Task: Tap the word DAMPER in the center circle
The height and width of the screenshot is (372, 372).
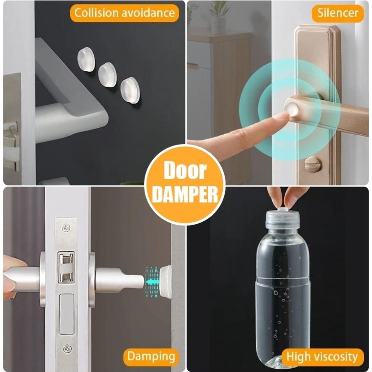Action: pyautogui.click(x=185, y=194)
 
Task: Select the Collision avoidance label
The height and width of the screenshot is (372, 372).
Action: pyautogui.click(x=124, y=13)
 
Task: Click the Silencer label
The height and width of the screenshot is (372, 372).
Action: pyautogui.click(x=337, y=13)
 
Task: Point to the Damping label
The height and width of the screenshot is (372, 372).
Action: pyautogui.click(x=151, y=356)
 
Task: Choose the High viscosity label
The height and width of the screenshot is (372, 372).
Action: pyautogui.click(x=322, y=357)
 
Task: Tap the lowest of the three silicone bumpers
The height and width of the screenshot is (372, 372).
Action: pyautogui.click(x=130, y=90)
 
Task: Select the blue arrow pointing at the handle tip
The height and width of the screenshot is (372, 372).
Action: pyautogui.click(x=151, y=282)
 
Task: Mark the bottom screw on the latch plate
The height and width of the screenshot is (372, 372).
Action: pyautogui.click(x=67, y=349)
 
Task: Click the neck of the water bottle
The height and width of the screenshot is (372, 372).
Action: pyautogui.click(x=283, y=225)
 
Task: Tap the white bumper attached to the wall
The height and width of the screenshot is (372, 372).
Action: pyautogui.click(x=166, y=282)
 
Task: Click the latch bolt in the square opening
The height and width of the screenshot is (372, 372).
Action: pyautogui.click(x=66, y=267)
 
